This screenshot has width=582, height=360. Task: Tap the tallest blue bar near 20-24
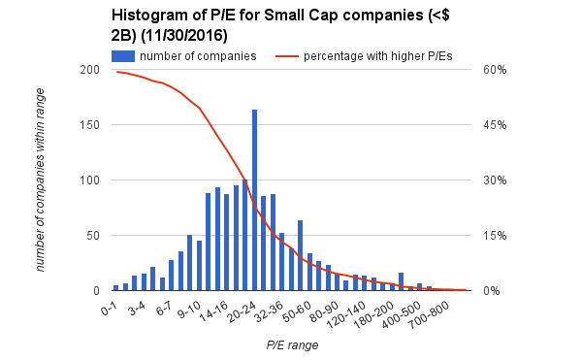(254, 200)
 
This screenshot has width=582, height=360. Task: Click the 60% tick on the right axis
(494, 70)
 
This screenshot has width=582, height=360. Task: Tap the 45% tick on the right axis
(494, 125)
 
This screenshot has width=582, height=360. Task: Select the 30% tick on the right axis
(494, 180)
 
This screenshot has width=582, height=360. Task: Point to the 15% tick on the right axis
(494, 236)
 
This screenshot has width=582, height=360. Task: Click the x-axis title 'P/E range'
(291, 344)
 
